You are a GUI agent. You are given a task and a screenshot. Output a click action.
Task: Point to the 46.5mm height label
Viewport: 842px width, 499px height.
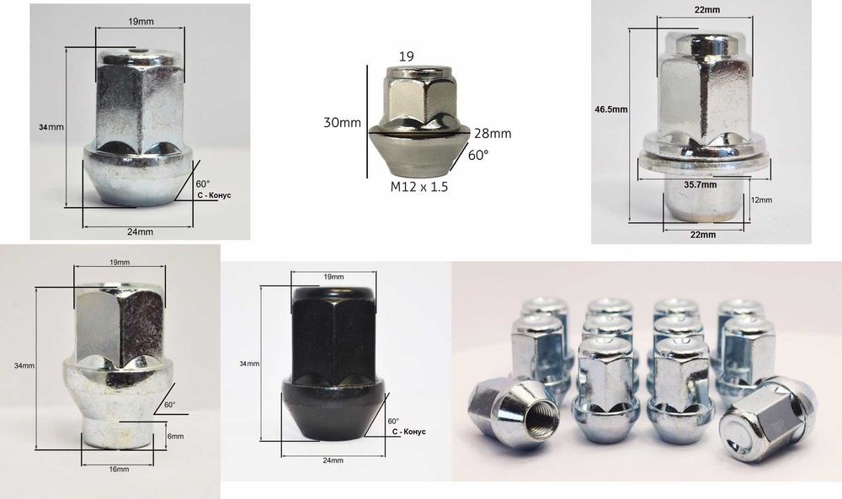point(610,109)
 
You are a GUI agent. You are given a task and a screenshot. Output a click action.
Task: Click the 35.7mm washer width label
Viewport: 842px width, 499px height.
point(701,184)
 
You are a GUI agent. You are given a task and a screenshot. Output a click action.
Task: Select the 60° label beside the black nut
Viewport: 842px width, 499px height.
point(393,421)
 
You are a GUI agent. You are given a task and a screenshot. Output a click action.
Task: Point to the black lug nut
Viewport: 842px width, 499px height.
point(332,362)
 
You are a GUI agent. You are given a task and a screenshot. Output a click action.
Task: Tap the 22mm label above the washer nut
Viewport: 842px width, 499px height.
point(702,10)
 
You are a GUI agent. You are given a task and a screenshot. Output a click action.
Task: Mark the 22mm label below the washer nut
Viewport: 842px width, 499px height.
point(701,235)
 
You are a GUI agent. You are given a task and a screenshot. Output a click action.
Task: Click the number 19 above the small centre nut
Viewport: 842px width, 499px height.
point(406,56)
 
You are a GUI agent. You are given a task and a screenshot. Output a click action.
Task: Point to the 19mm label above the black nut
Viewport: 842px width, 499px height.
point(333,277)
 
